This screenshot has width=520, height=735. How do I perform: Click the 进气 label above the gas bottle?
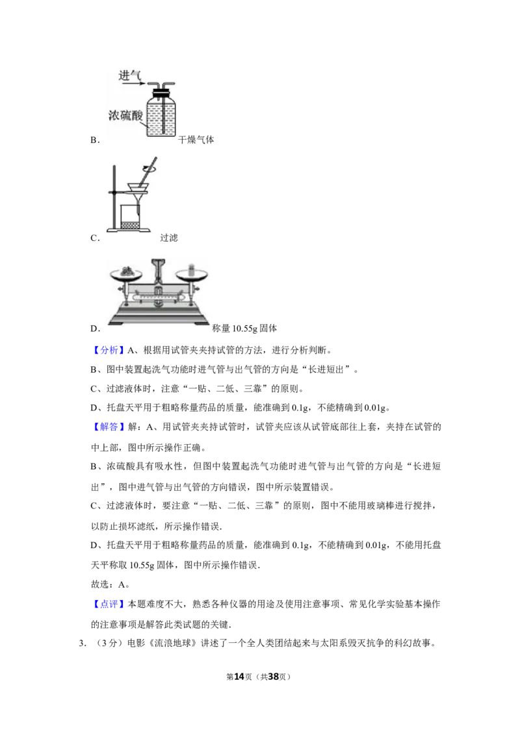click(129, 75)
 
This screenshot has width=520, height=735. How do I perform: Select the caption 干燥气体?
click(196, 140)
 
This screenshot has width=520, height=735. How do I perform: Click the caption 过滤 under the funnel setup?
click(169, 238)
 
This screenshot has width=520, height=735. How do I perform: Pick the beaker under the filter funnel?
click(131, 217)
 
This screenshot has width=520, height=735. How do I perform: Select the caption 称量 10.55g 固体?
click(244, 328)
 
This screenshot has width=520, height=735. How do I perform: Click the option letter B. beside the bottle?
click(95, 140)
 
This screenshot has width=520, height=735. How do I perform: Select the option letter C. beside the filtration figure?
click(95, 238)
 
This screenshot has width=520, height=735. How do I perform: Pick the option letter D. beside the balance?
click(96, 329)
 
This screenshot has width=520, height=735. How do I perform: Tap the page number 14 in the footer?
click(239, 677)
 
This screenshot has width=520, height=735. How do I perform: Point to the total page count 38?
click(273, 677)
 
